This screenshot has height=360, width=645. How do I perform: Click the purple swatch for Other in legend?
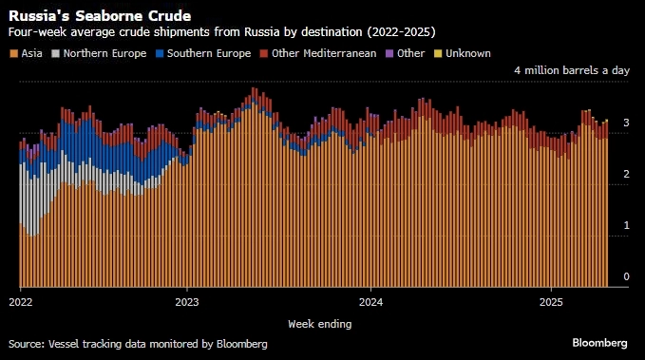click(x=390, y=53)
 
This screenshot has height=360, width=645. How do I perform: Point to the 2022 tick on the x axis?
click(x=20, y=302)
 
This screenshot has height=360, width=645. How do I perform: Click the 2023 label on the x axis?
click(x=187, y=302)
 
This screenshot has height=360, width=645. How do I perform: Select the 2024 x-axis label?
click(x=371, y=302)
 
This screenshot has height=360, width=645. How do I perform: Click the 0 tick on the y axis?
click(x=626, y=277)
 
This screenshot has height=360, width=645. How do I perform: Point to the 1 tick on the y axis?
click(x=626, y=225)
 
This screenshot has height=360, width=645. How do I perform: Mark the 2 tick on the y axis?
click(x=626, y=174)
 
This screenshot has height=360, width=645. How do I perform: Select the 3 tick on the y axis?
click(x=626, y=123)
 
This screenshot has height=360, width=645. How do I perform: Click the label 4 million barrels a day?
click(x=571, y=71)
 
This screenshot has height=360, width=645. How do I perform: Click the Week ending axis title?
click(x=320, y=324)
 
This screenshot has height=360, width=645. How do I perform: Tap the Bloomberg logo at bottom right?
click(x=599, y=342)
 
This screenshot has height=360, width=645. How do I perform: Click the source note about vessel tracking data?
click(x=138, y=343)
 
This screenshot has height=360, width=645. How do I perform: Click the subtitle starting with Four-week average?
click(x=221, y=32)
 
